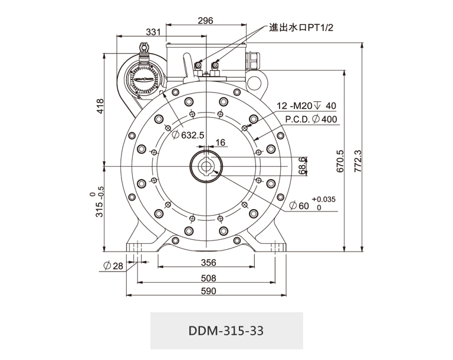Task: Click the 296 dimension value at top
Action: (x=205, y=20)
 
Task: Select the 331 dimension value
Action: (x=153, y=32)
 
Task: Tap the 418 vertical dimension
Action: (x=100, y=105)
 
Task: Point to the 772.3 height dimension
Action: (x=357, y=160)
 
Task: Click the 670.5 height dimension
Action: (x=340, y=160)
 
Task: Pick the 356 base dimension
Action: (x=208, y=263)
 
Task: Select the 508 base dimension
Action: (x=208, y=278)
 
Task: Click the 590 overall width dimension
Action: (x=208, y=291)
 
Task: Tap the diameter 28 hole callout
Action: (x=113, y=266)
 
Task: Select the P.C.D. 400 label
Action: (x=311, y=119)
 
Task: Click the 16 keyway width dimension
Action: (x=221, y=143)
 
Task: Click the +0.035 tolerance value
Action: (x=324, y=199)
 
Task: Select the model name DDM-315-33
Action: (x=226, y=330)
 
